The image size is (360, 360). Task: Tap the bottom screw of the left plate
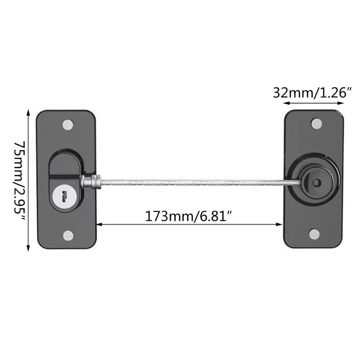pos(68,234)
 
